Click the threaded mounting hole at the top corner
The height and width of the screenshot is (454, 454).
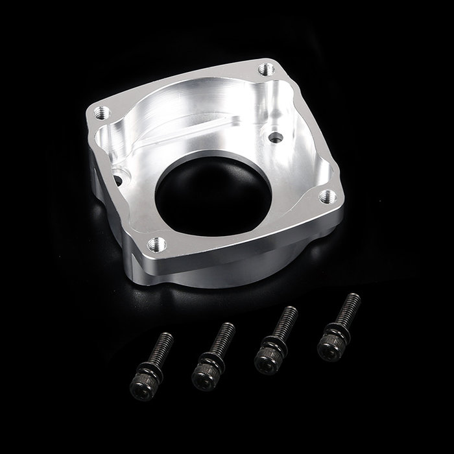coord(265,68)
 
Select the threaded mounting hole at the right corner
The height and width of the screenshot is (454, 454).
coord(326,195)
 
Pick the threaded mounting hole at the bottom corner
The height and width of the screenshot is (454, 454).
coord(155,244)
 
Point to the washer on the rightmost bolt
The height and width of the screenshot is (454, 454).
coord(335,336)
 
